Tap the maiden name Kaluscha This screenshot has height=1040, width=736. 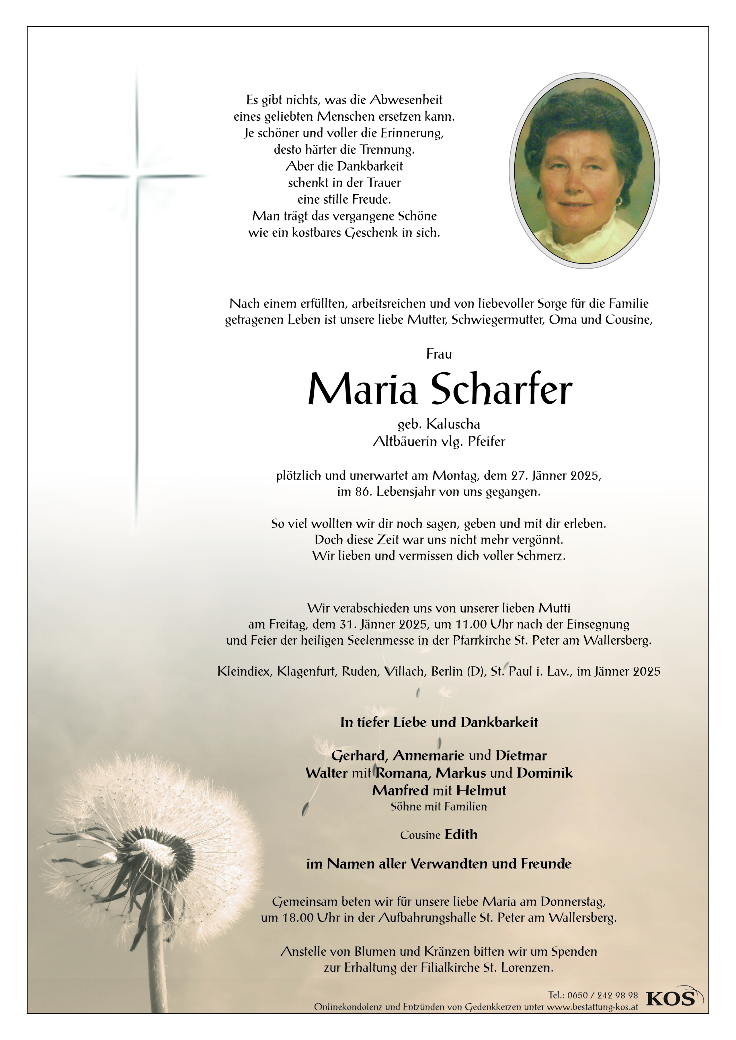pos(453,424)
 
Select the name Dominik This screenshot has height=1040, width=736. pos(544,773)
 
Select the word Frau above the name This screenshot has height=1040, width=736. pos(439,354)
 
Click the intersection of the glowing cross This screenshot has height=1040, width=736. pos(137,176)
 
